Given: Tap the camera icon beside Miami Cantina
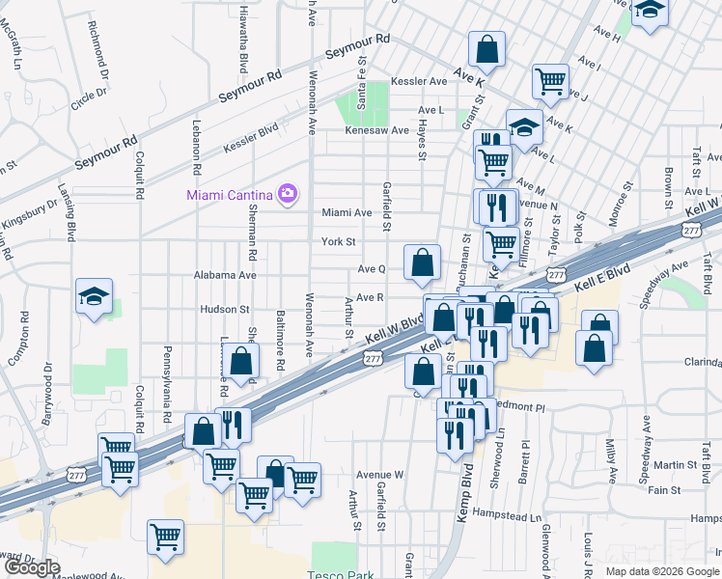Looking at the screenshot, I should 287,195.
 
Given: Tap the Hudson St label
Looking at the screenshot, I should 225,310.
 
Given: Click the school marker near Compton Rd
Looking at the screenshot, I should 94,296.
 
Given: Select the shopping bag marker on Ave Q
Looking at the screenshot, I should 422,262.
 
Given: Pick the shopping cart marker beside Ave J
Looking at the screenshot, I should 550,81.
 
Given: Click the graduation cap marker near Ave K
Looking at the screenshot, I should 524,127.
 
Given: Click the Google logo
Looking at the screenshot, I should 31,567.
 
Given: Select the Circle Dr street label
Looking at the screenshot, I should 88,96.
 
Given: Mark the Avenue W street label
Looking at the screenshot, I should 378,475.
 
